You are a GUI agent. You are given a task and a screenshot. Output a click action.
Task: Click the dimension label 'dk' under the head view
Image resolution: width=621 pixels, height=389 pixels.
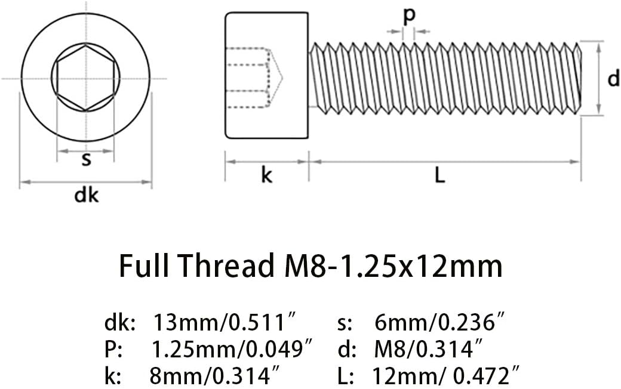point(87,196)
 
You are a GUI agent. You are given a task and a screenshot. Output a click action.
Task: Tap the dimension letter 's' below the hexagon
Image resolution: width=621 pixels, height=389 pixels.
point(87,159)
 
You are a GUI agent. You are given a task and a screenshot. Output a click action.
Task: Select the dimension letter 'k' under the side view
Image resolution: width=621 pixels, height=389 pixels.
point(266,175)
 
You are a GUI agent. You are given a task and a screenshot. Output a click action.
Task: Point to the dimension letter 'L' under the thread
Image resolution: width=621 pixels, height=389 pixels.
point(440,175)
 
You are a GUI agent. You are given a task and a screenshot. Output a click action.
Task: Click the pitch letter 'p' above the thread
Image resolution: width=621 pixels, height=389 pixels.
point(409,16)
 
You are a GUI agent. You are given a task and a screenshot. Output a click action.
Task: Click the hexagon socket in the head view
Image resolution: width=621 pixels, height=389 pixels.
point(85,78)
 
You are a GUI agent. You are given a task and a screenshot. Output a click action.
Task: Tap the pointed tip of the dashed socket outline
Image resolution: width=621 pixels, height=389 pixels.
point(282,78)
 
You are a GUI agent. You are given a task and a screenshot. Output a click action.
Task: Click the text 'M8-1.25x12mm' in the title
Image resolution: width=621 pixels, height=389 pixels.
point(393,265)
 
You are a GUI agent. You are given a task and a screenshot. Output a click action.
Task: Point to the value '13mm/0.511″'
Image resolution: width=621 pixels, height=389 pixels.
point(225,323)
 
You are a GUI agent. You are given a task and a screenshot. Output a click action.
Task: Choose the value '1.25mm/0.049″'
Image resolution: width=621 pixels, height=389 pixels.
point(232,350)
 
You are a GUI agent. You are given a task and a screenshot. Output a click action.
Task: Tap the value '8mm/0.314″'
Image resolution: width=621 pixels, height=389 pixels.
point(216,376)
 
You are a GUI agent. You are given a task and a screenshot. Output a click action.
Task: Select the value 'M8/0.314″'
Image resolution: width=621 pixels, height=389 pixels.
point(429,350)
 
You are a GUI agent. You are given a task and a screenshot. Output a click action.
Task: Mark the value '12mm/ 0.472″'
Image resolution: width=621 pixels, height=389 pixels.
point(446,376)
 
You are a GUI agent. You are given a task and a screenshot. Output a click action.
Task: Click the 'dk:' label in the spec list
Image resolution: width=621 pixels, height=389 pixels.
point(120,323)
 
